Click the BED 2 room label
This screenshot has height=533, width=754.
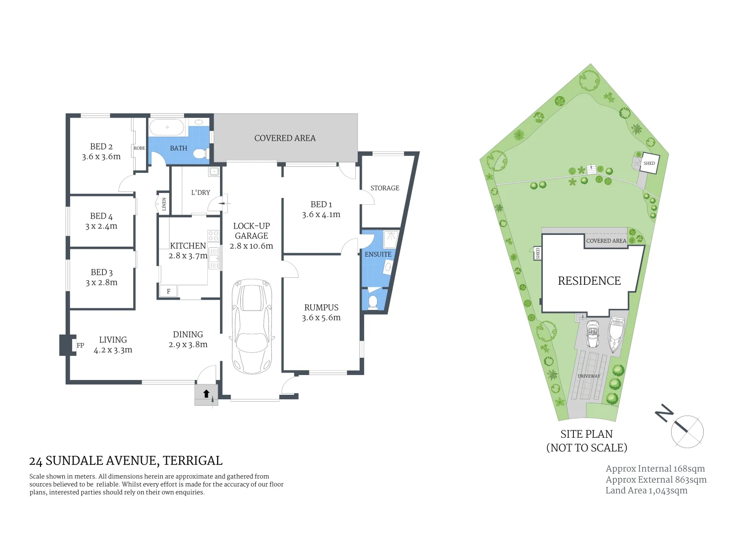coord(101,147)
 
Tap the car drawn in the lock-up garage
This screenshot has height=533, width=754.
coord(252,327)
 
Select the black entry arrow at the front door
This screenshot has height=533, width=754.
coord(206,394)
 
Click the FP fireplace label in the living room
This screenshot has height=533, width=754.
coord(80,345)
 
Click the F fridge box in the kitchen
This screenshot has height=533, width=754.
coord(168,291)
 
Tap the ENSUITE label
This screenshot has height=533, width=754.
coord(378,254)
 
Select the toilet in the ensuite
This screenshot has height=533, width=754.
coord(373,302)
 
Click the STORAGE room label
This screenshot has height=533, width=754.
coord(385,188)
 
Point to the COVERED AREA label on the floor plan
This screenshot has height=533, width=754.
coord(285,138)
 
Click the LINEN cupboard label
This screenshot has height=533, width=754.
coord(164,204)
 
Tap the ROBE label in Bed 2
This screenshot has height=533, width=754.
coord(139,148)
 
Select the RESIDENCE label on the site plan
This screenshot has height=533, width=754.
coord(589,281)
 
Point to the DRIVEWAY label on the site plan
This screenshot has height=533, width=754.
coord(589,376)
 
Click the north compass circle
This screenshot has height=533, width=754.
coord(687,431)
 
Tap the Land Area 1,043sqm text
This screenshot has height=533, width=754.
coord(646,491)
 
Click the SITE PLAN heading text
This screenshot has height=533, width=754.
coord(586,434)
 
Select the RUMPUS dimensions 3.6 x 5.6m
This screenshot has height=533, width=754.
coord(321,318)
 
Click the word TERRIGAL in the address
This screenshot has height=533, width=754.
coord(192,460)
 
